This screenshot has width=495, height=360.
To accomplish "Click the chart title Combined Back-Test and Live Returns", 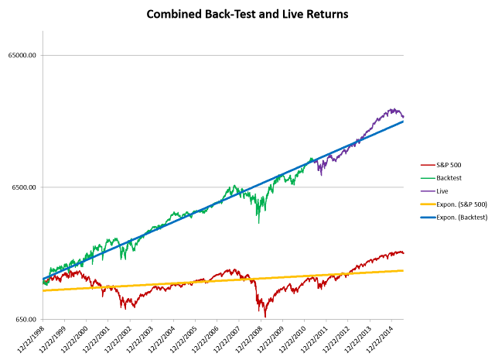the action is click(247, 14).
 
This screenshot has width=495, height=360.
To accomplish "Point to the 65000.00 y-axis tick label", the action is click(22, 55).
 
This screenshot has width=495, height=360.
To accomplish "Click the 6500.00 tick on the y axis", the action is click(24, 187).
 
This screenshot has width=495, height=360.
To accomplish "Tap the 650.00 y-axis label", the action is click(26, 319).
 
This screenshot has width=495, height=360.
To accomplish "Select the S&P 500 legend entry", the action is click(441, 165).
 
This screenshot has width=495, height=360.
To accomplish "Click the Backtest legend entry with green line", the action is click(441, 178).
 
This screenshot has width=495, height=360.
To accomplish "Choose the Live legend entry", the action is click(435, 191).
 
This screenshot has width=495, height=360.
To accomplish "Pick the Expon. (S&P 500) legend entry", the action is click(454, 204).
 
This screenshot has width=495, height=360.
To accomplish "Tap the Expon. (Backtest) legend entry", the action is click(454, 218).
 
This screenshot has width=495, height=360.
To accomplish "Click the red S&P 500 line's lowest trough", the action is click(265, 317).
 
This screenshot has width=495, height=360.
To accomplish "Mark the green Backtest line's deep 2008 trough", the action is click(259, 223).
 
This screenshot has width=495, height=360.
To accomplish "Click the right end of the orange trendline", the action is click(403, 270).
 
